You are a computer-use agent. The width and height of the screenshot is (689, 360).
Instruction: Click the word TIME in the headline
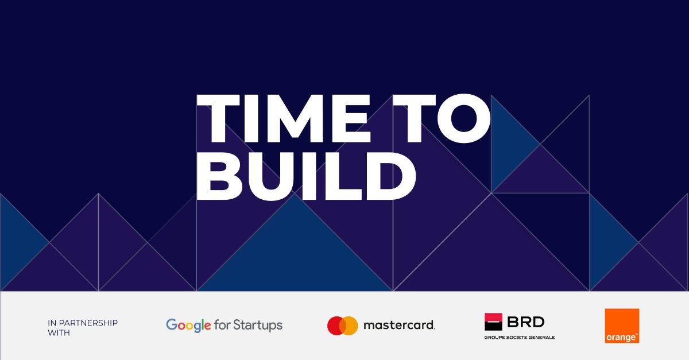(284, 119)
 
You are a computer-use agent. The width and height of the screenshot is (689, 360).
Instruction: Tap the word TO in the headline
(442, 119)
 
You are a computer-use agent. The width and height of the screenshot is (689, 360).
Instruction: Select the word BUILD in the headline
(307, 176)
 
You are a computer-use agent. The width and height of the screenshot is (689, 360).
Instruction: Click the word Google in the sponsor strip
(188, 326)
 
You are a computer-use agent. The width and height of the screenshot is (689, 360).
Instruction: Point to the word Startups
(258, 326)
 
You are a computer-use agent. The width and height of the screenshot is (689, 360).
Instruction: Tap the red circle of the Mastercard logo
(336, 326)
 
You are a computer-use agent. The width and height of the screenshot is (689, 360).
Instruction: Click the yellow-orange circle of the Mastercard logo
(350, 326)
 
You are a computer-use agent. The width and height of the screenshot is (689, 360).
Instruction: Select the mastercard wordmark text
(399, 325)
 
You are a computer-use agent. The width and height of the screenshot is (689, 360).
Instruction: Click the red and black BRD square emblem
(493, 322)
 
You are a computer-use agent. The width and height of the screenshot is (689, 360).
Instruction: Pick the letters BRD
(526, 322)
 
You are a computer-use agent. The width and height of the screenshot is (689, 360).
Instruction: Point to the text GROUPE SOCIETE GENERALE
(520, 338)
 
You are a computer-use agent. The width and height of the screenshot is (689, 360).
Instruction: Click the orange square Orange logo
(622, 326)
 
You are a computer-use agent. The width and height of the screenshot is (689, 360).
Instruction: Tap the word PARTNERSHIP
(88, 323)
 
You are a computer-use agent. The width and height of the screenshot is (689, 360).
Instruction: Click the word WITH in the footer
(59, 333)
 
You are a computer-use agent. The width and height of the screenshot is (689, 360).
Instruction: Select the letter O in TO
(464, 119)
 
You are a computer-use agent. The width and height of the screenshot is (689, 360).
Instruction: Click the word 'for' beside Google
(222, 325)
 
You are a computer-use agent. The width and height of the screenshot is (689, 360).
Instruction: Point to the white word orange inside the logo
(621, 338)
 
